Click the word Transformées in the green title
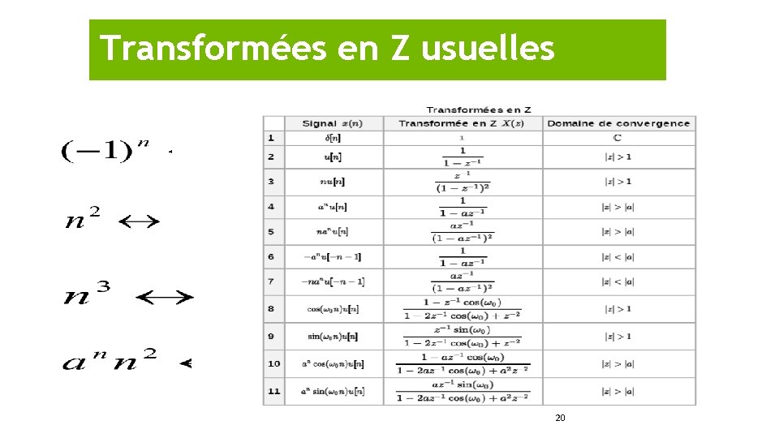point(208,49)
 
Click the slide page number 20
point(560,418)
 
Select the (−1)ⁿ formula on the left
point(105,151)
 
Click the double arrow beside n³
point(165,298)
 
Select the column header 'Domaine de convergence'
point(618,123)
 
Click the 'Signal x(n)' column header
point(331,123)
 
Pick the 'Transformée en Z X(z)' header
point(461,123)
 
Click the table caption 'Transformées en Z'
point(479,109)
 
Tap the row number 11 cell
point(273,391)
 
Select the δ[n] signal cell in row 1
point(331,138)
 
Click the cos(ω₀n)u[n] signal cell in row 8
point(331,309)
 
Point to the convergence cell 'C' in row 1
point(618,138)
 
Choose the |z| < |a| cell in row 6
point(618,257)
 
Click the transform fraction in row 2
point(462,157)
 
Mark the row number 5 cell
point(271,231)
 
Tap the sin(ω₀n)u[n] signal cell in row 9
point(331,336)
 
